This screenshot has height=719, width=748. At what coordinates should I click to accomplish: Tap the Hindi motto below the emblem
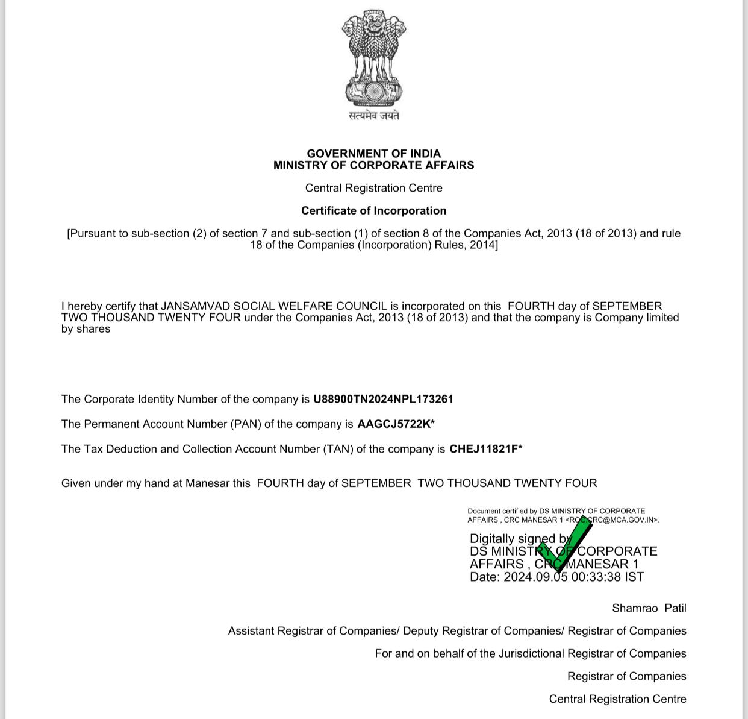pyautogui.click(x=373, y=115)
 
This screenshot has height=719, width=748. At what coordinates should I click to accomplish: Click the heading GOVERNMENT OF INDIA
pyautogui.click(x=373, y=154)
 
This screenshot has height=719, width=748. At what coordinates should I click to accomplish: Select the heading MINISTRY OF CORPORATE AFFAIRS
pyautogui.click(x=373, y=165)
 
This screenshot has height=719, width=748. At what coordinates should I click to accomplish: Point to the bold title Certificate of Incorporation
pyautogui.click(x=373, y=210)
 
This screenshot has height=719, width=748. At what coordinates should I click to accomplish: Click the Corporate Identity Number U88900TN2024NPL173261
pyautogui.click(x=383, y=399)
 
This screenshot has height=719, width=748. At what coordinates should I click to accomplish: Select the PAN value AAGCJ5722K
pyautogui.click(x=394, y=424)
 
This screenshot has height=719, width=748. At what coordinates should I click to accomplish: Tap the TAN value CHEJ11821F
pyautogui.click(x=483, y=449)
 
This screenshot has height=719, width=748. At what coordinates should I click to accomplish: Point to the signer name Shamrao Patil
pyautogui.click(x=649, y=608)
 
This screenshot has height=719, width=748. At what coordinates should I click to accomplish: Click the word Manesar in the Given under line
pyautogui.click(x=207, y=483)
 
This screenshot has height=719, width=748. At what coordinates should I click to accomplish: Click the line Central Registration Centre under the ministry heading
pyautogui.click(x=373, y=188)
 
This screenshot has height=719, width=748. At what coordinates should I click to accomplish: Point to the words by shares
pyautogui.click(x=86, y=329)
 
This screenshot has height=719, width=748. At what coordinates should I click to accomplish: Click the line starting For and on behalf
pyautogui.click(x=530, y=653)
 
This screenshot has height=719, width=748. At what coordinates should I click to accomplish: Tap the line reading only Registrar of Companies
pyautogui.click(x=626, y=676)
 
